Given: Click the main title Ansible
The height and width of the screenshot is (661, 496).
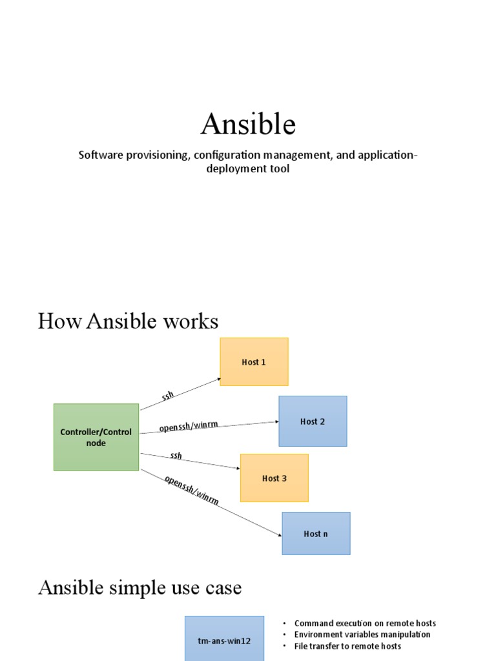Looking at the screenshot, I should pos(248,123).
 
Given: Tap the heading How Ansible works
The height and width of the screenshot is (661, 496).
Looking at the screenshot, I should pos(128,321).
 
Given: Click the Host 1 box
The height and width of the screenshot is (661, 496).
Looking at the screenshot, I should pos(254,362).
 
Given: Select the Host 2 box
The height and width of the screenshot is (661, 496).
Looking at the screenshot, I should pos(313,422).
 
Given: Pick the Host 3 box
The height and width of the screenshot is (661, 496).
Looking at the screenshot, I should pos(274,478).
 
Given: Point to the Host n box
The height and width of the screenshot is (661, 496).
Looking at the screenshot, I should pos(316,534).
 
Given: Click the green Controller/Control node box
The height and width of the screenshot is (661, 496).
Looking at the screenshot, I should pos(96,437).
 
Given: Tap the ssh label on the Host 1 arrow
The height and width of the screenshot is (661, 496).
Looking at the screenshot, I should pos(168,395).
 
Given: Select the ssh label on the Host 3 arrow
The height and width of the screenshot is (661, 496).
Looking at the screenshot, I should pos(176,456).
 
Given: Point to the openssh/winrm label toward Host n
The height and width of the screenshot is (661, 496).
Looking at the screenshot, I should pos(191,491).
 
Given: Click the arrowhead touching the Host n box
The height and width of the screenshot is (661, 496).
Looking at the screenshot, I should pos(279,535).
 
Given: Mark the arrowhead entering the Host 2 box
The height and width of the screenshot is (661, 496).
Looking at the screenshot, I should pos(276,422).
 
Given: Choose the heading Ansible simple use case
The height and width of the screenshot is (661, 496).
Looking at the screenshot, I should pos(139,588).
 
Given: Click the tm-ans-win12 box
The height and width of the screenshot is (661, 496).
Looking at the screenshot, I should pos(224,641).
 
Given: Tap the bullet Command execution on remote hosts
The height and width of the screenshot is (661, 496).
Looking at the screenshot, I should pos(365,624).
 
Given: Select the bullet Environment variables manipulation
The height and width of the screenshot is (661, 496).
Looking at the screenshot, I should pos(362,635).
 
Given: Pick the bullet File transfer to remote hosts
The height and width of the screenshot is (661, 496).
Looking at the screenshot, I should pos(347,646).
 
